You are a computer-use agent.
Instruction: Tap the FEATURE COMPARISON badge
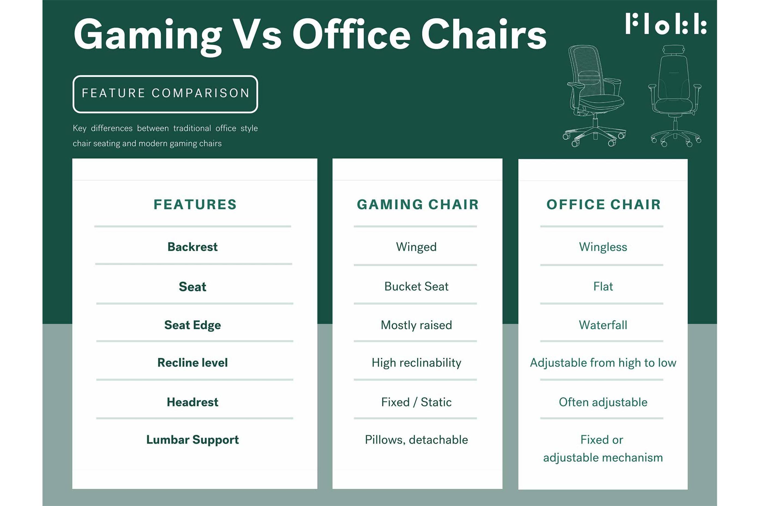tap(165, 94)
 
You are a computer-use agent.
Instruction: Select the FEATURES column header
tap(195, 204)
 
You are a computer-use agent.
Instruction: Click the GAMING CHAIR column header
tap(418, 204)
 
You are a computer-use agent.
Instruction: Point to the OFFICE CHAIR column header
tap(603, 204)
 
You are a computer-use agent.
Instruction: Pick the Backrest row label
tap(193, 247)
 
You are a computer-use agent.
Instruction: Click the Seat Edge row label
tap(193, 325)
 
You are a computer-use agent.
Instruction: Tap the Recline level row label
tap(193, 363)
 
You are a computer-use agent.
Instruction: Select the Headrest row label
tap(193, 402)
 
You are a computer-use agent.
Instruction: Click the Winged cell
tap(416, 247)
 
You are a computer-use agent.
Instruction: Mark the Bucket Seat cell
tap(416, 287)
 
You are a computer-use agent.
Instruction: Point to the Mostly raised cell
tap(416, 325)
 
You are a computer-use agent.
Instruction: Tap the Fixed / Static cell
tap(416, 402)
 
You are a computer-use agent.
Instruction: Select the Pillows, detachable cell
tap(416, 440)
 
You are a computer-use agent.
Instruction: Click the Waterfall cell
tap(603, 325)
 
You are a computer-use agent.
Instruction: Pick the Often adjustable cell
tap(603, 402)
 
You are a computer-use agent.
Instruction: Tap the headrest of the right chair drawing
tap(674, 50)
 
